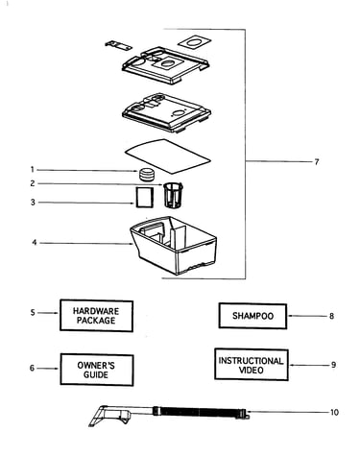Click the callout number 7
click(317, 162)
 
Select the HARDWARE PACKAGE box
click(96, 316)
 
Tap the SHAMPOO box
click(252, 316)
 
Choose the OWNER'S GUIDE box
click(97, 370)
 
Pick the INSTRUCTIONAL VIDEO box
click(252, 365)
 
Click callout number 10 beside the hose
click(334, 412)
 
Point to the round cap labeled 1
click(147, 174)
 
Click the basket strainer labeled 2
click(173, 195)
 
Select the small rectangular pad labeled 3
click(145, 198)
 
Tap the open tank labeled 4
click(174, 245)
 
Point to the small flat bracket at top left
click(118, 45)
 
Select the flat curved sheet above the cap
click(168, 156)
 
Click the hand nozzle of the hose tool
click(110, 415)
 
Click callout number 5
click(33, 312)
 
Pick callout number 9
click(333, 365)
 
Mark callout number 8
click(331, 316)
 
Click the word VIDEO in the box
click(252, 371)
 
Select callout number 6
click(32, 368)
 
